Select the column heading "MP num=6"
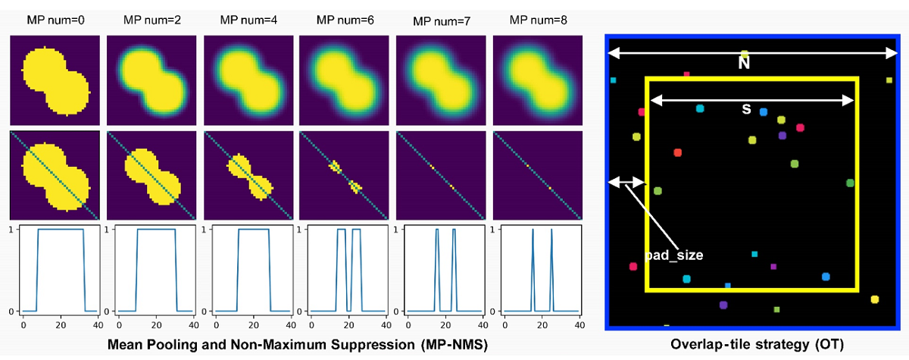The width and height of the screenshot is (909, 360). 345,19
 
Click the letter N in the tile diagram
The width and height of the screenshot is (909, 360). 745,64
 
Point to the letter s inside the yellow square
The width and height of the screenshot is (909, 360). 746,110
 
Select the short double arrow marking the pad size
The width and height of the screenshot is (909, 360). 626,182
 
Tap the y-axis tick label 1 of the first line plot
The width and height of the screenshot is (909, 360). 11,229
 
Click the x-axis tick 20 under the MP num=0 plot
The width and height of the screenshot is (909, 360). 59,324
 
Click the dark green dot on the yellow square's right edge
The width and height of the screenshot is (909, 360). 851,183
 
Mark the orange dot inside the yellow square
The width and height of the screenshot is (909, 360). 677,152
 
